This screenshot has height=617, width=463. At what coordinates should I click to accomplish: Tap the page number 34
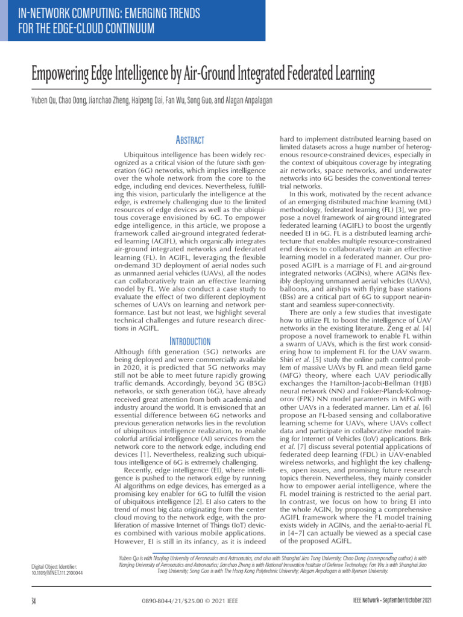coord(34,600)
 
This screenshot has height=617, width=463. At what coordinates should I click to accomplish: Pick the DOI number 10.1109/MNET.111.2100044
coord(57,572)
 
